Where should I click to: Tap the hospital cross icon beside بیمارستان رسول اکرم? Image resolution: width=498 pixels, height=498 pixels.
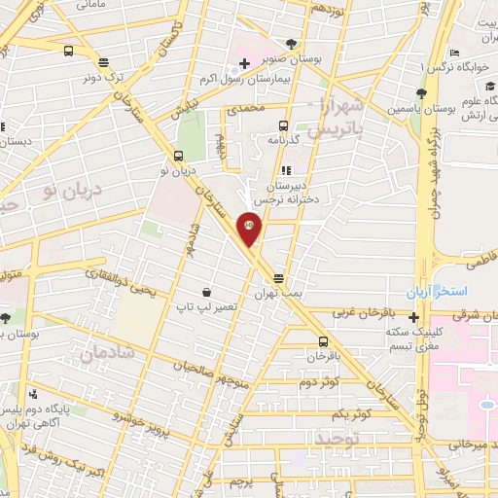point(244,64)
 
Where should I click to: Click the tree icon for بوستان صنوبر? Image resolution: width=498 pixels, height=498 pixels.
point(294,43)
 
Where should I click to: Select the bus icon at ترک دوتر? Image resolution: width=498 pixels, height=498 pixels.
point(68,52)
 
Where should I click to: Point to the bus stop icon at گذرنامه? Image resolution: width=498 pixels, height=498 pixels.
point(283,125)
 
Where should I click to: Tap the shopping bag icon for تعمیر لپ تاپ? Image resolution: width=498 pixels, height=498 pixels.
point(205,292)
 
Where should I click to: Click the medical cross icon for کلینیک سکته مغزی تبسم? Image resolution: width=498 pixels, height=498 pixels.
point(414,317)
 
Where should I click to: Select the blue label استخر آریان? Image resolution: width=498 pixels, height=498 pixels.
point(438,292)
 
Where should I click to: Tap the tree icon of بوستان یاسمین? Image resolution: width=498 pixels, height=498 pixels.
point(420,93)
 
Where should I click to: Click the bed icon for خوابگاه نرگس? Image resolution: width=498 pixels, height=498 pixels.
point(454,53)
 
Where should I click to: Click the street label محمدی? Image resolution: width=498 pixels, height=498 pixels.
point(245,110)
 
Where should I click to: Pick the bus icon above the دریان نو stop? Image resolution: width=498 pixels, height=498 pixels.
point(177,156)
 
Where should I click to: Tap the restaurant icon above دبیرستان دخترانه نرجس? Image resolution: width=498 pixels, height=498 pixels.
point(287,171)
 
